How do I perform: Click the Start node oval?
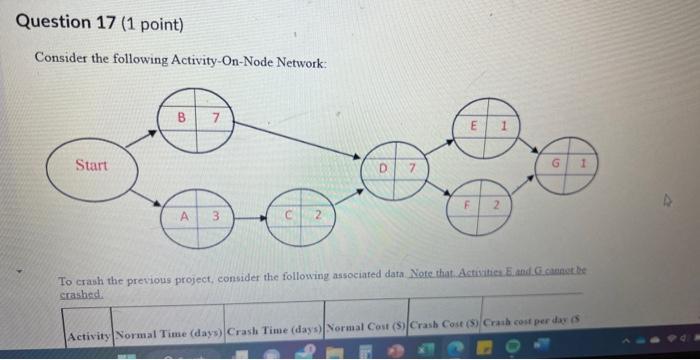[x=92, y=165]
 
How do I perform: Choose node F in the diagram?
[x=481, y=204]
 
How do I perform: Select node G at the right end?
[x=563, y=166]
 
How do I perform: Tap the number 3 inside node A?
[x=215, y=214]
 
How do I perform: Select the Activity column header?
[x=88, y=333]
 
